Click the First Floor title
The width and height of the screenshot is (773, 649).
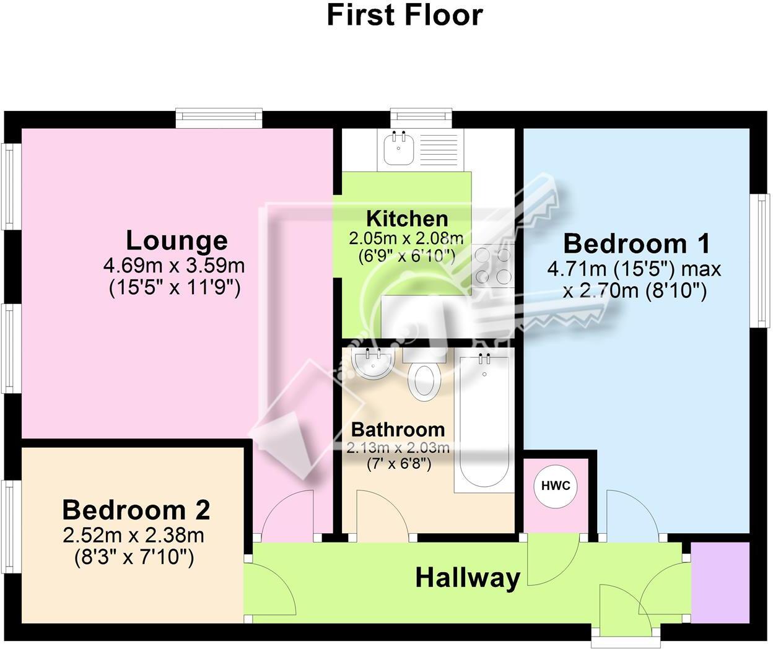click(404, 15)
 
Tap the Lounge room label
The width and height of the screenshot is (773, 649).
click(177, 240)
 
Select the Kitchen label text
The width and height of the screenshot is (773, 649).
click(407, 219)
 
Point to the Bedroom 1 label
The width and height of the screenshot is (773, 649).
click(636, 243)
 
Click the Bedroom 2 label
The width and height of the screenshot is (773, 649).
click(136, 510)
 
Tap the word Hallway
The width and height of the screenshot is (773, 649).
click(468, 577)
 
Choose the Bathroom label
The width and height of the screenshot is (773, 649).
click(398, 429)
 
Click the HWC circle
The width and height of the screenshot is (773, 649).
click(556, 486)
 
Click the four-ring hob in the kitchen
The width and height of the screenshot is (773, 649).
click(493, 265)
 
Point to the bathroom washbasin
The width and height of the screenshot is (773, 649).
click(370, 364)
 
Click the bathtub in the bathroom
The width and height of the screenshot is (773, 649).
click(484, 421)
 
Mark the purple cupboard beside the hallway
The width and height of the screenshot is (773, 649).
click(720, 583)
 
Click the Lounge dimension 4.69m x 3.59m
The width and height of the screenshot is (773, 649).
click(174, 266)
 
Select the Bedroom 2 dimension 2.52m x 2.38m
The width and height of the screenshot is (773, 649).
click(134, 534)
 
